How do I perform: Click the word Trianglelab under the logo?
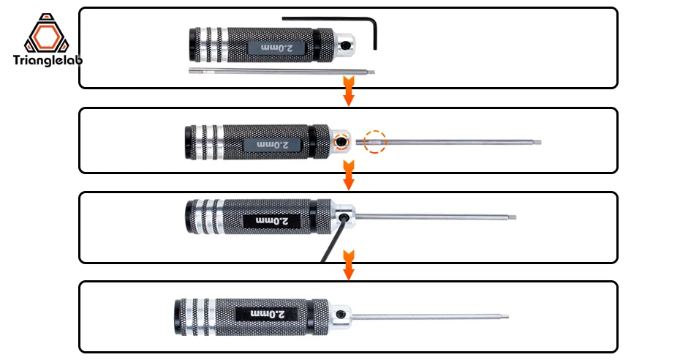point(48,60)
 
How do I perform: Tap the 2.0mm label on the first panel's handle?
point(276,48)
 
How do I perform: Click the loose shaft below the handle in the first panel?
point(282,71)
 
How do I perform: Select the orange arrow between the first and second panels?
point(349,91)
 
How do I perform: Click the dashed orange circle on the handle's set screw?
point(341,141)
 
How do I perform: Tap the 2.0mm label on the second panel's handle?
point(272,144)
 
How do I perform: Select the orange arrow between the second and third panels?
point(349,175)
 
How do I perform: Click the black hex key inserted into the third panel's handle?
point(334,239)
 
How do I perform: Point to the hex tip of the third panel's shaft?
point(513,217)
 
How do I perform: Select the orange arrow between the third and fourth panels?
point(349,265)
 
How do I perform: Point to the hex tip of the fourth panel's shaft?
point(505,317)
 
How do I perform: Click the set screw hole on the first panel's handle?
point(346,45)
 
